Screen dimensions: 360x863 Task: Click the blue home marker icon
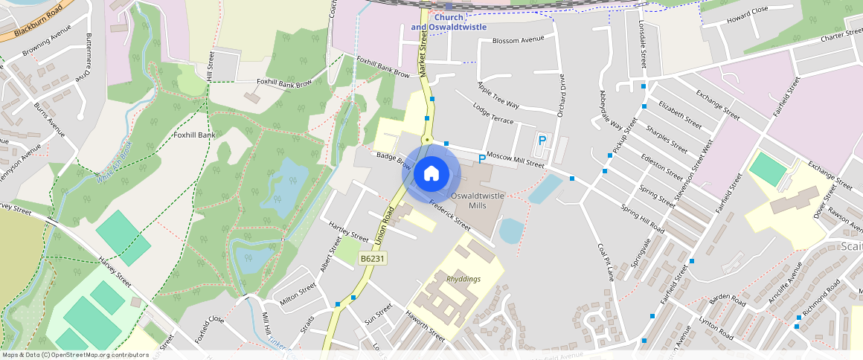[x=431, y=173]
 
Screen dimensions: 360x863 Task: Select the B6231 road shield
[x=371, y=258]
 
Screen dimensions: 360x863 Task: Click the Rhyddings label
[x=463, y=279]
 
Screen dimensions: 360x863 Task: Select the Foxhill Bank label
[x=193, y=135]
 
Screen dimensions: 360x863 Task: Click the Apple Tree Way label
[x=498, y=96]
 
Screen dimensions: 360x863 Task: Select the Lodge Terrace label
[x=493, y=114]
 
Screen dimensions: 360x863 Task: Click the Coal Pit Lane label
[x=606, y=261]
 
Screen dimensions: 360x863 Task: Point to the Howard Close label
[x=747, y=14]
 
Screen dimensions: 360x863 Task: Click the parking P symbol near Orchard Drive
[x=542, y=141]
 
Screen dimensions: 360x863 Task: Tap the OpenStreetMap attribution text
[x=76, y=355]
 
